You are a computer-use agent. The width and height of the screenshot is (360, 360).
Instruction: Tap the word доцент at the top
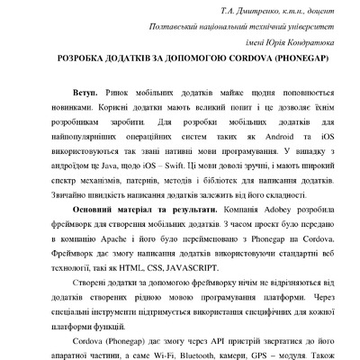pos(319,11)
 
